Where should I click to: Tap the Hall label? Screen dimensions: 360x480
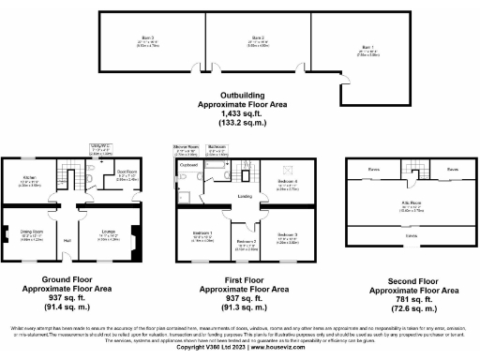point(67,241)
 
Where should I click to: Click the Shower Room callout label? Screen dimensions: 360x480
point(185,146)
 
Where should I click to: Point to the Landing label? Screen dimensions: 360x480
point(243,196)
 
